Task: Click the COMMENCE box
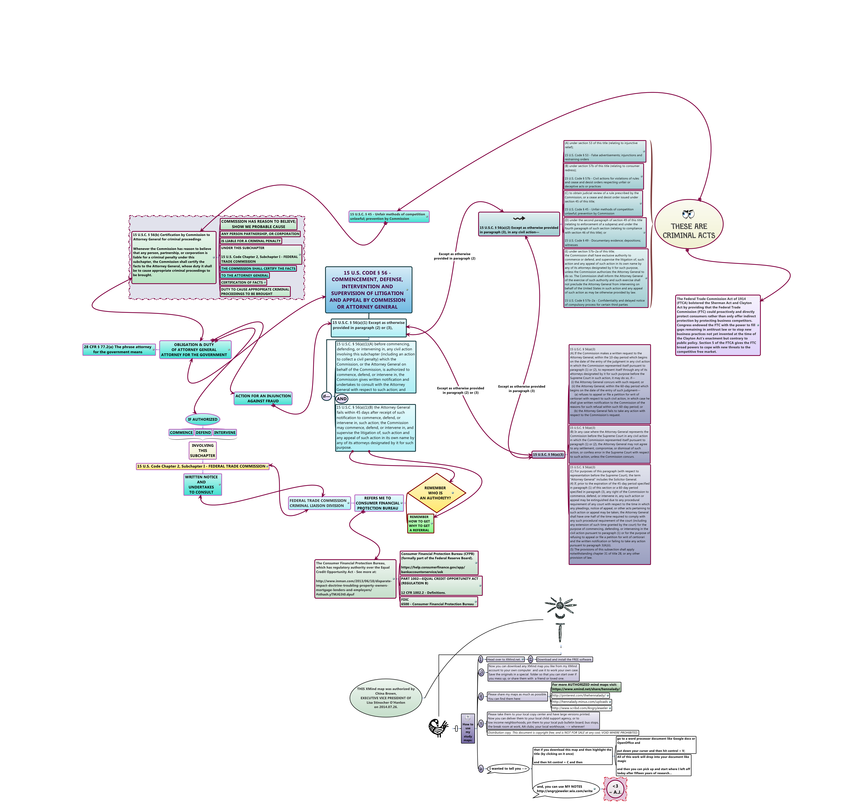click(x=181, y=432)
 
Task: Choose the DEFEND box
click(x=203, y=432)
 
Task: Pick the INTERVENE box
click(x=225, y=432)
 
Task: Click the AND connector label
click(x=342, y=399)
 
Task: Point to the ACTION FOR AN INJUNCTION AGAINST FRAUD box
click(x=263, y=398)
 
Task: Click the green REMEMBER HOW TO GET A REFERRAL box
click(x=420, y=523)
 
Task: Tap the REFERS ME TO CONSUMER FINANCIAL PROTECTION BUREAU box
click(x=378, y=503)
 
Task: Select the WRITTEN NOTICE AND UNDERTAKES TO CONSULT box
click(x=202, y=484)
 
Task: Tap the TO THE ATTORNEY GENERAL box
click(x=245, y=275)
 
